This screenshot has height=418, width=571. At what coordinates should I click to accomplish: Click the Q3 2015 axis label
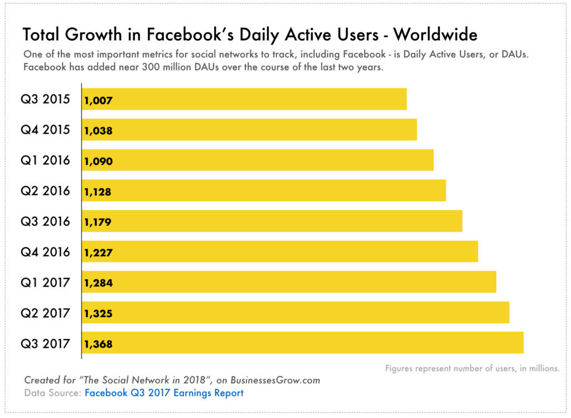46,99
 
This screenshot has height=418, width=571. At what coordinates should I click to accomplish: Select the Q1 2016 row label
46,161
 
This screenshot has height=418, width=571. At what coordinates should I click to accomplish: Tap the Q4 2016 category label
46,252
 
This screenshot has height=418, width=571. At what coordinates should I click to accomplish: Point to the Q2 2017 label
46,313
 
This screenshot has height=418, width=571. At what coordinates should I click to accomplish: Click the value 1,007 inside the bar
99,101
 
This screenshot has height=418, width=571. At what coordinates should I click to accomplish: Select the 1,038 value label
99,131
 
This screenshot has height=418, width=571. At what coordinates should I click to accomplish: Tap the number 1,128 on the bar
98,192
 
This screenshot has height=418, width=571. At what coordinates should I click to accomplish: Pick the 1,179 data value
98,222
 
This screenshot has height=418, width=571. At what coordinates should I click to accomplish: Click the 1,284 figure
99,283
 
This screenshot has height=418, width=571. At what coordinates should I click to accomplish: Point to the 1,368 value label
99,344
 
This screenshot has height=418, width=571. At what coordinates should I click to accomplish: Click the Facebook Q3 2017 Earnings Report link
164,393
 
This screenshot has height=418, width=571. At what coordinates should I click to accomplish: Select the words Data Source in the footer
52,393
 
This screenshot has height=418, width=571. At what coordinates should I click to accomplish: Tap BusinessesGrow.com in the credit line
275,380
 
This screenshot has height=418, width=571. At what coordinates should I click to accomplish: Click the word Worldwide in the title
435,35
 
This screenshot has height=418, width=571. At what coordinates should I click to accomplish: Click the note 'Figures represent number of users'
472,368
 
